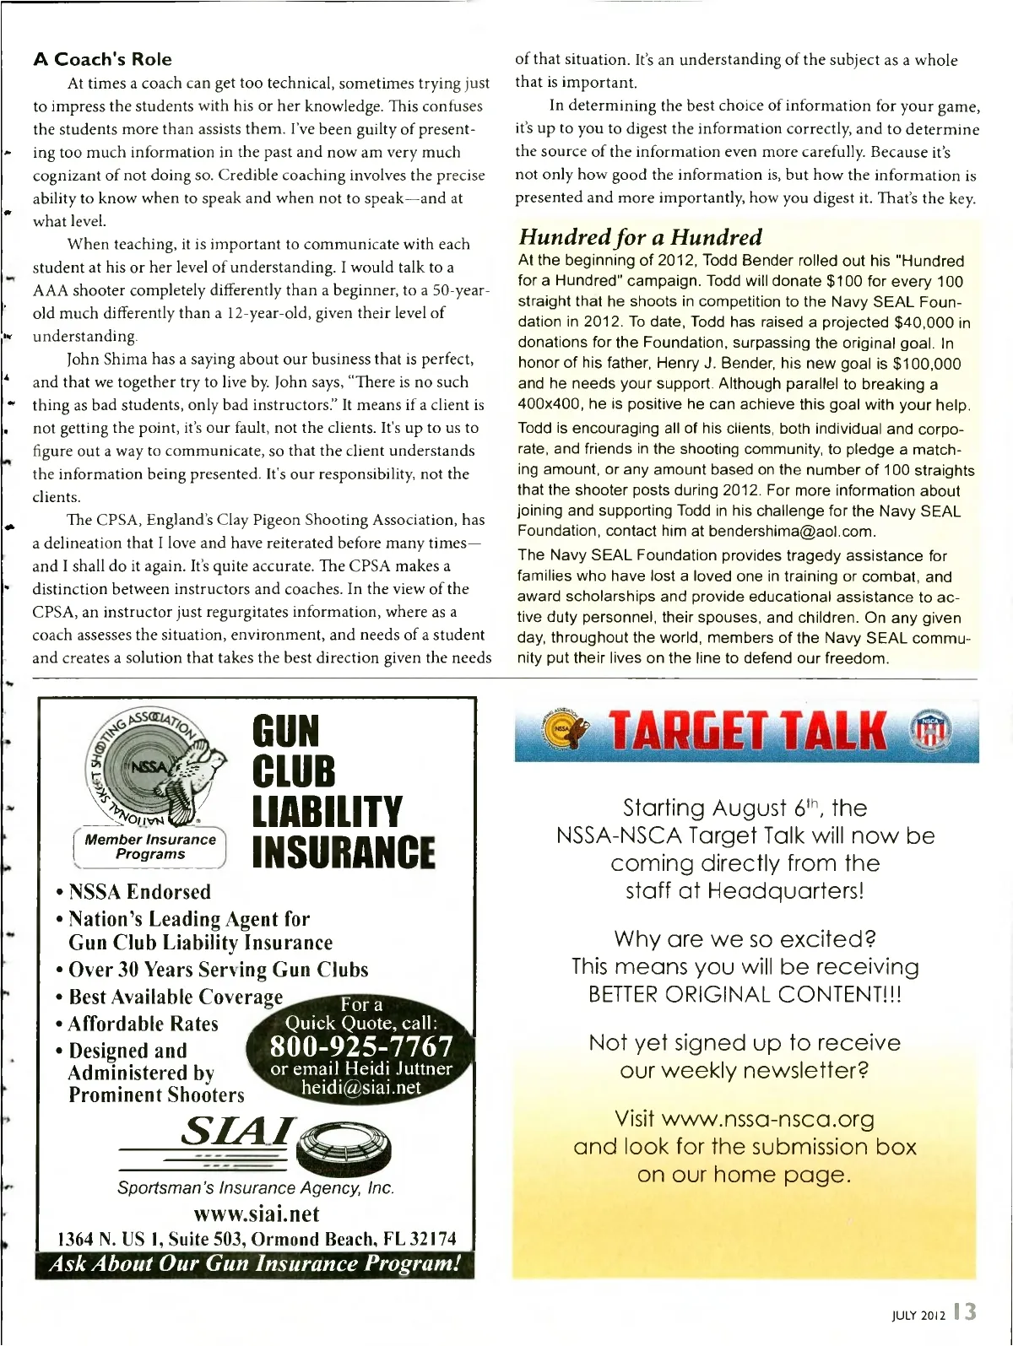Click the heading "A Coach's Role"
pyautogui.click(x=102, y=59)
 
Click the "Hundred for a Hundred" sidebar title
pyautogui.click(x=640, y=237)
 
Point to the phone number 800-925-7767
pyautogui.click(x=361, y=1046)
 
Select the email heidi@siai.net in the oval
pyautogui.click(x=360, y=1088)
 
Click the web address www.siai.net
pyautogui.click(x=256, y=1214)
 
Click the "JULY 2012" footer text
pyautogui.click(x=918, y=1315)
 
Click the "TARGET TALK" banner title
pyautogui.click(x=747, y=731)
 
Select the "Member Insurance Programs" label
pyautogui.click(x=150, y=846)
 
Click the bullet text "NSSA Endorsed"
pyautogui.click(x=139, y=891)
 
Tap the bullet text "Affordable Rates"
pyautogui.click(x=143, y=1024)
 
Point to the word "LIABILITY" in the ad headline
pyautogui.click(x=328, y=811)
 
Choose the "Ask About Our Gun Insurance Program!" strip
pyautogui.click(x=255, y=1264)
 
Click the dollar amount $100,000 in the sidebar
pyautogui.click(x=926, y=364)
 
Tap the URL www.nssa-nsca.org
pyautogui.click(x=767, y=1119)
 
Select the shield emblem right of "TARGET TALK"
pyautogui.click(x=929, y=731)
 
